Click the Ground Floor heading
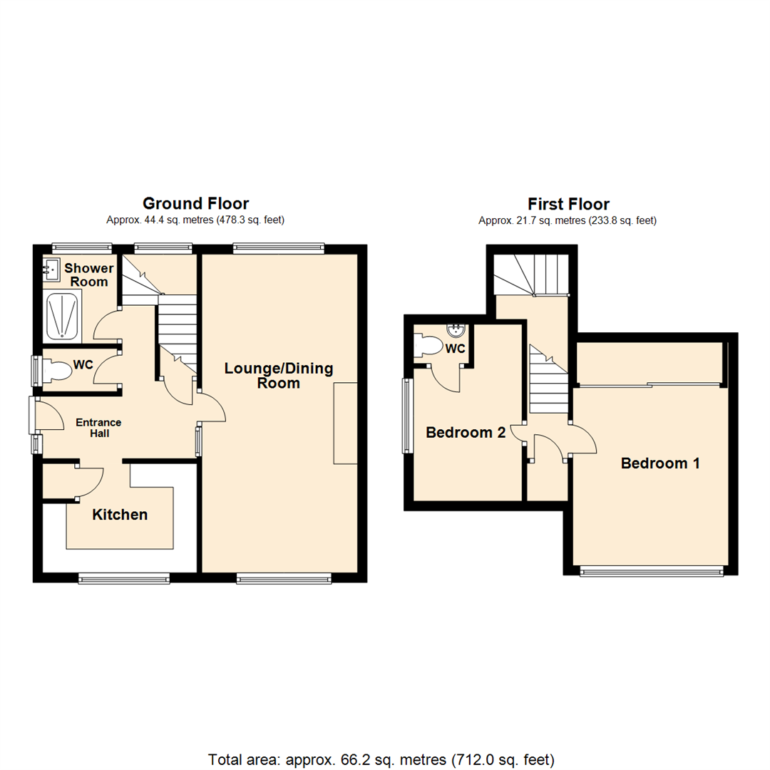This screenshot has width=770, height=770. tap(195, 204)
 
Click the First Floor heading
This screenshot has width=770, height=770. tap(568, 205)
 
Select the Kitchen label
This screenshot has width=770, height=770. tap(120, 514)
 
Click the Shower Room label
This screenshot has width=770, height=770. tap(89, 274)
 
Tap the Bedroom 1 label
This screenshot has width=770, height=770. tap(659, 463)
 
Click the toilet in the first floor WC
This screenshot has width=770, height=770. tap(430, 346)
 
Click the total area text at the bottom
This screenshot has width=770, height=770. tap(381, 758)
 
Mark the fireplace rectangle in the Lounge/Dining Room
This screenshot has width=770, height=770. tap(345, 423)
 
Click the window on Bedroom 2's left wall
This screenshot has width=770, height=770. tap(407, 415)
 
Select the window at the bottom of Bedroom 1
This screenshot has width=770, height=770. tap(651, 570)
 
